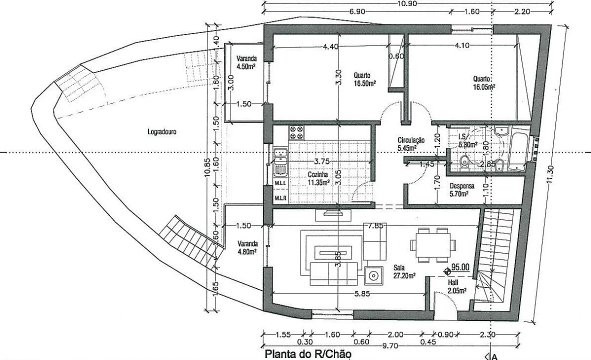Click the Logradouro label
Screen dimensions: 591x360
(161, 132)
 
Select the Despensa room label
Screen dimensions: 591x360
(461, 190)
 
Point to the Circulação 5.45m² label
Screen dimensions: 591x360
(411, 144)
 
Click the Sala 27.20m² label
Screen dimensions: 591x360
(404, 271)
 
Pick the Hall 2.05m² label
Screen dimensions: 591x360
(457, 286)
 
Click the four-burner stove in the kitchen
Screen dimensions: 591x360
(296, 132)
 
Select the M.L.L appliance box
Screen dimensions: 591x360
(280, 183)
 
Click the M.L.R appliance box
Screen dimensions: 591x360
(280, 197)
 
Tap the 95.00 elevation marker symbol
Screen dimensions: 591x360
(448, 270)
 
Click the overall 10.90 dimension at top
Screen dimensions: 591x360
(407, 3)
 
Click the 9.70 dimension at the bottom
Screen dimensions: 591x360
(390, 345)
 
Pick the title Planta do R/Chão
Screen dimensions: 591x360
(308, 354)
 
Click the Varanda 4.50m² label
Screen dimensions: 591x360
(246, 62)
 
